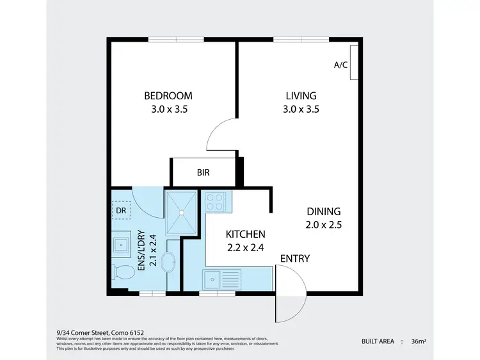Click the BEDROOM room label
coord(168,96)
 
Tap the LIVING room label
coord(301,96)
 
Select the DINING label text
coord(323,211)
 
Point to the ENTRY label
coord(295,259)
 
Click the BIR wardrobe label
coord(203,172)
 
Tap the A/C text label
coord(341,65)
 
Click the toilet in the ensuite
coord(121,272)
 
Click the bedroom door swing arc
coord(221,135)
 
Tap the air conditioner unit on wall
coord(354,63)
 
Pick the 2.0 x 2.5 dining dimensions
coord(323,224)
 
